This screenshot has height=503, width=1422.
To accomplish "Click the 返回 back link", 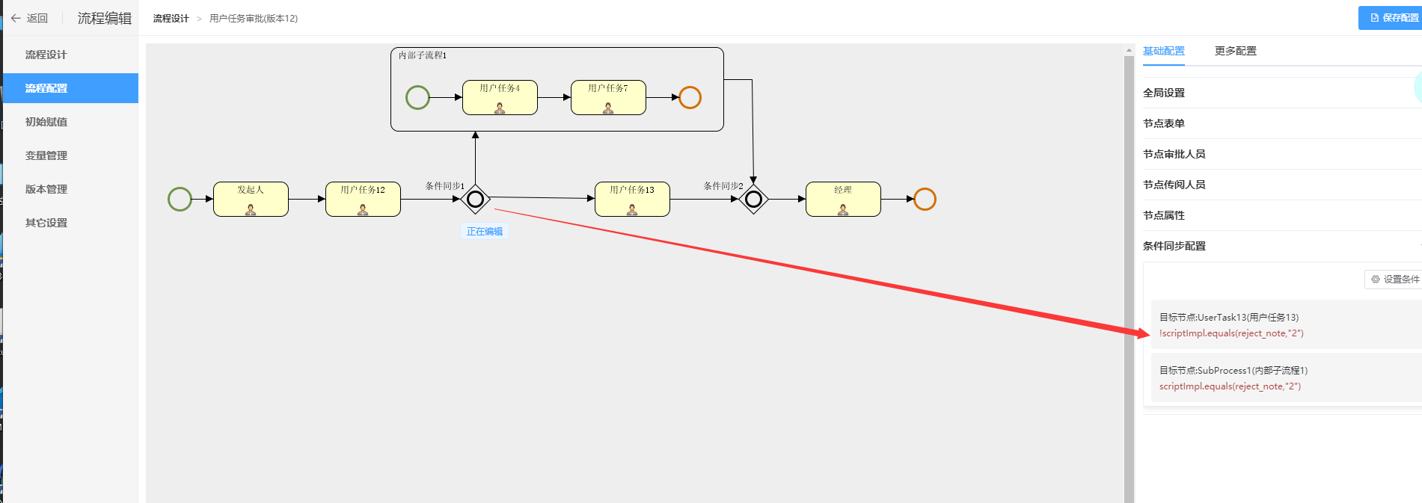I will (x=30, y=18).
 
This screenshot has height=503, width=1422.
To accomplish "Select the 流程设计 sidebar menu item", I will (x=46, y=55).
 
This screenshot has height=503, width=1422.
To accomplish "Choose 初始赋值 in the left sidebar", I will (x=46, y=122).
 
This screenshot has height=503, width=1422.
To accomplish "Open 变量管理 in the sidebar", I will (x=46, y=155).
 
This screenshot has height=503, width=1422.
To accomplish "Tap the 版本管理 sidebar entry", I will (x=46, y=189).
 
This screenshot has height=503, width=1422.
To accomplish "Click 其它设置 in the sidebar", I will (x=46, y=223).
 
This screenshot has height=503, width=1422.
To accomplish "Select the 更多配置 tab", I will (x=1235, y=51).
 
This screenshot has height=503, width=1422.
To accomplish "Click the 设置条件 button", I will (x=1394, y=280).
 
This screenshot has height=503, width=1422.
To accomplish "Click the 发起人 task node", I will (x=251, y=199).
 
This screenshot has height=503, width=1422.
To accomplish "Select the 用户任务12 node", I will (x=363, y=199).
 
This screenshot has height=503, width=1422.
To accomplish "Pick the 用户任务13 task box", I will (x=632, y=199).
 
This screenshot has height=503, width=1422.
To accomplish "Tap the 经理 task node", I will (x=843, y=199).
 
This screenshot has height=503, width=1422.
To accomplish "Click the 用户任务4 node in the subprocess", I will (x=500, y=97).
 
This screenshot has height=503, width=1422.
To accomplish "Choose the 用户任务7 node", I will (x=608, y=97).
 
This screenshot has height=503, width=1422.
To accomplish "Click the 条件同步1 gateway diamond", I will (x=475, y=199).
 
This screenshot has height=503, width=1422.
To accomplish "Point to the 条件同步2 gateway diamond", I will (x=754, y=199).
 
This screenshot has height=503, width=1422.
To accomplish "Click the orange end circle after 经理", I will (x=925, y=199).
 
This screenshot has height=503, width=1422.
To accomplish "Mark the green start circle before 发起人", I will (x=180, y=199).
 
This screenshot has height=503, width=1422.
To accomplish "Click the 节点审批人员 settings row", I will (x=1174, y=154).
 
